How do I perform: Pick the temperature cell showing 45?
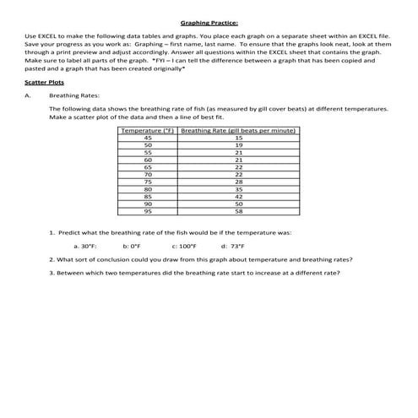(x=148, y=138)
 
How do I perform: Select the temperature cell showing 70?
(x=148, y=174)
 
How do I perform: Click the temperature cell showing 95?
(x=148, y=210)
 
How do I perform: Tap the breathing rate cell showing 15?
(x=238, y=138)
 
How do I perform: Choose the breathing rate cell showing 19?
(x=238, y=144)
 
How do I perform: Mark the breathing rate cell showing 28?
(x=238, y=182)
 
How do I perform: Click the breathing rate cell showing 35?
(x=238, y=188)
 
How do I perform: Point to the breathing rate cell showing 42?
(x=238, y=196)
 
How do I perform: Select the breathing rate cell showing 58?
(x=238, y=210)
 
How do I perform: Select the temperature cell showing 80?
(x=148, y=188)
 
